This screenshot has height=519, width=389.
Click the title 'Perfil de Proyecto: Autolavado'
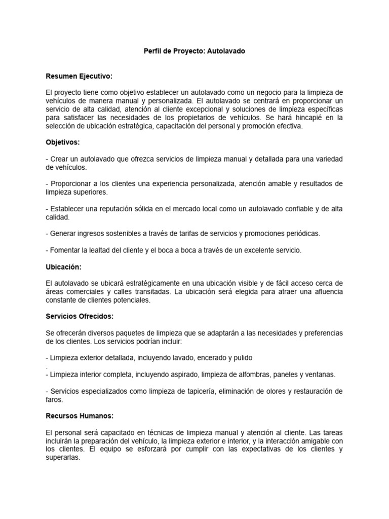coord(194,52)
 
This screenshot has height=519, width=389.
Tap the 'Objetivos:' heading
coord(63,142)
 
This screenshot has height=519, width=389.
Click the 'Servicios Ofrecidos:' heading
coord(80,316)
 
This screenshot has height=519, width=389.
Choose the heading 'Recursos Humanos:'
coord(80,416)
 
